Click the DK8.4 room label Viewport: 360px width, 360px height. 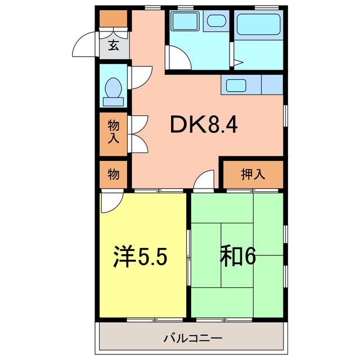pos(204,125)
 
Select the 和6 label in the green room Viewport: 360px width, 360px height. pos(237,256)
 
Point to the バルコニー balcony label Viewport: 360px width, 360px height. pos(193,339)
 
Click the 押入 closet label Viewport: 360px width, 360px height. pos(253,174)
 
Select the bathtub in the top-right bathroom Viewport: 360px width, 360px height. pos(259,25)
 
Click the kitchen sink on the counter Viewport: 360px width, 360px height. pos(235,86)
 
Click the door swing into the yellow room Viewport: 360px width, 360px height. pos(110,202)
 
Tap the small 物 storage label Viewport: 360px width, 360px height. pos(114,174)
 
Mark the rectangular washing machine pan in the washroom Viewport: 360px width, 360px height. pos(183,23)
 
